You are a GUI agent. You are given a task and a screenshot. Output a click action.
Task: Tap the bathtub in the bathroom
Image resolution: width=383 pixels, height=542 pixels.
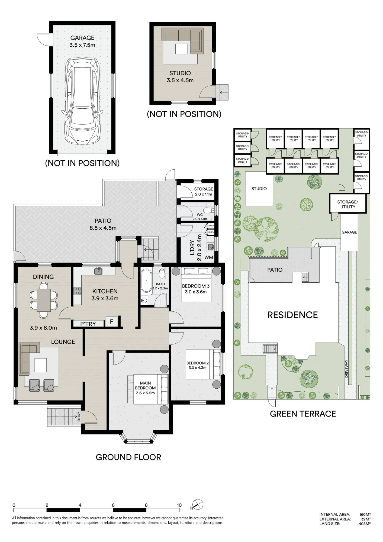coord(146,281)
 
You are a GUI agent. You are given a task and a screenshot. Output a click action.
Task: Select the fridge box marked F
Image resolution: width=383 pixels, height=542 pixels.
coord(111,322)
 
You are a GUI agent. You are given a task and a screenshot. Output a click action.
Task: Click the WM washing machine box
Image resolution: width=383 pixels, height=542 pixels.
coord(209,257)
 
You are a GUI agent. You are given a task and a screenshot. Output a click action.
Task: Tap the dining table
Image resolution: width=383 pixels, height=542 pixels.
coord(44,300)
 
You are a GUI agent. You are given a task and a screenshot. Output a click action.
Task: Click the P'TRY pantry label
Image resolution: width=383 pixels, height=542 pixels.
coord(88,324)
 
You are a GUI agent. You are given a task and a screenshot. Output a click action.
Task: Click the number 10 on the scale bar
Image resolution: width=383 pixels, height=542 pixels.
coord(179,505)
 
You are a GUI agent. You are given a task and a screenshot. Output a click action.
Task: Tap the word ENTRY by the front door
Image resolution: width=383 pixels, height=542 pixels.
coord(79,417)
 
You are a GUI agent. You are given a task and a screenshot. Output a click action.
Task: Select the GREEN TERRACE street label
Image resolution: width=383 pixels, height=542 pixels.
coord(303,414)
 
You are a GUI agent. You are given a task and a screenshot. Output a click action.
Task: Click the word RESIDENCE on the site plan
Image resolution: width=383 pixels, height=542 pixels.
coord(292,315)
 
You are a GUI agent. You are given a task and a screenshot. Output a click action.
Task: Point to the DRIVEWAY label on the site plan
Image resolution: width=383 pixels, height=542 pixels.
coord(346,369)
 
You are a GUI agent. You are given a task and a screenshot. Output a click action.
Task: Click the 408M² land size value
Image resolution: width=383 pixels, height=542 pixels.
coord(365,524)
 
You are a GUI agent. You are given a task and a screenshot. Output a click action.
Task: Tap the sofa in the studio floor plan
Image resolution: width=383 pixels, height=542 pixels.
coord(182,40)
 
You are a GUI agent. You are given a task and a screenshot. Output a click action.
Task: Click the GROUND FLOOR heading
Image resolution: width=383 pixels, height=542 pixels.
coord(128,457)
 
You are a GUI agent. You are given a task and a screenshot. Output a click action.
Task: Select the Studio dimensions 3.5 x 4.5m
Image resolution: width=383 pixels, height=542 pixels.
coord(180,80)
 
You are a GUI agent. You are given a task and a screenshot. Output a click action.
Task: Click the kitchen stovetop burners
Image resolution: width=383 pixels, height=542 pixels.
coord(78,291)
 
